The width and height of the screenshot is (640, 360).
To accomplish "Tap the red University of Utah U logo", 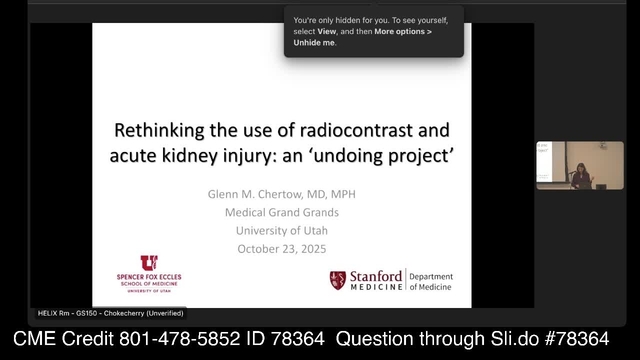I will [x=148, y=264].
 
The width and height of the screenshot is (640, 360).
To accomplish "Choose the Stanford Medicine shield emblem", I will [x=338, y=281].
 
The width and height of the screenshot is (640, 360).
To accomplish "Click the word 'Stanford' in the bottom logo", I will [x=376, y=276].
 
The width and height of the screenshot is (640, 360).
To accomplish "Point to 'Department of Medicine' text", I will [x=431, y=281].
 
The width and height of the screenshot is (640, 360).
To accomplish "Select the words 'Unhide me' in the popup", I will [x=314, y=43].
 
